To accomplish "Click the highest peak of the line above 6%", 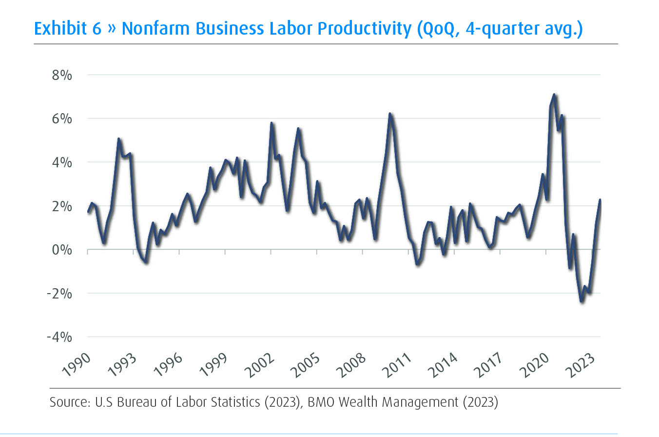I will coord(554,95).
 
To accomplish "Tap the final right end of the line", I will coord(600,200).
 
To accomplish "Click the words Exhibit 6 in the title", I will coord(68,29).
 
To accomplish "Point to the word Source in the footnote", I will coord(65,403).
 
